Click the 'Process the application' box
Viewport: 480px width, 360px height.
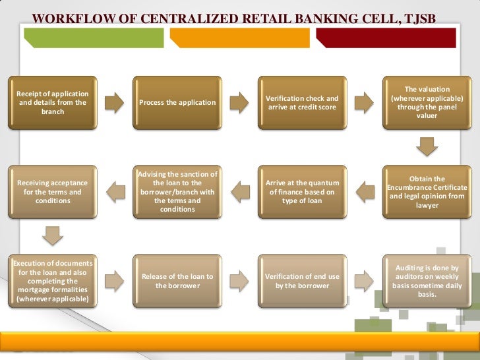click(x=177, y=102)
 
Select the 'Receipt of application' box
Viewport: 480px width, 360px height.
click(x=52, y=102)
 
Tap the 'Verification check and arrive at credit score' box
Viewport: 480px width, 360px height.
click(x=301, y=102)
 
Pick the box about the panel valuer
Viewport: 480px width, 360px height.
click(x=427, y=102)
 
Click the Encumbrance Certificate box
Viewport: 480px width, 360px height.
click(x=427, y=192)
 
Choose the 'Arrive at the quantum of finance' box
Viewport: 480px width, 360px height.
click(x=301, y=192)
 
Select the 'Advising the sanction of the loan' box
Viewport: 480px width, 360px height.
click(x=177, y=192)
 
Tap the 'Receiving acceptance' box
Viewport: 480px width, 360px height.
click(x=52, y=192)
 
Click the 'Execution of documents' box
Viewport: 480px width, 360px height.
click(x=52, y=281)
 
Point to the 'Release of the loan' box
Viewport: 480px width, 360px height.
click(x=177, y=281)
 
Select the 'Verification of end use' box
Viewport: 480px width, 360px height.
click(x=301, y=281)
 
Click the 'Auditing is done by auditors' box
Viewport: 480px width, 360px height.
click(x=427, y=281)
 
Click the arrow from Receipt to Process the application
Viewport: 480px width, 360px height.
click(x=114, y=102)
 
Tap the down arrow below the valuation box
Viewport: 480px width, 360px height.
click(x=427, y=146)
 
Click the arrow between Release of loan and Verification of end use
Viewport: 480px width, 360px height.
click(x=239, y=281)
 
